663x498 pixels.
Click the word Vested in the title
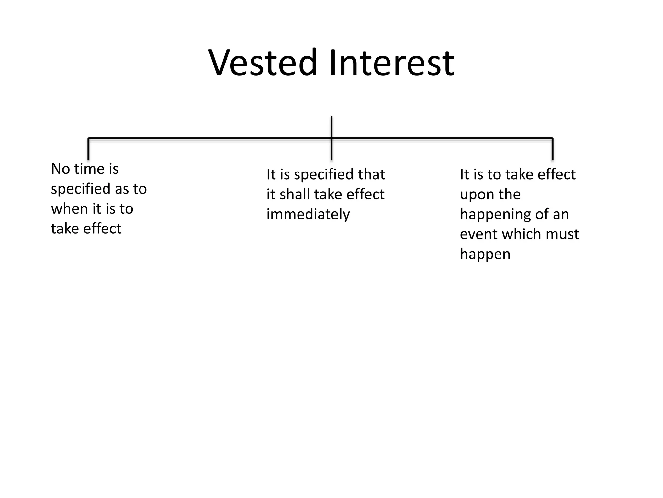[263, 62]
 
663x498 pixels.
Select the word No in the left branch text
[60, 169]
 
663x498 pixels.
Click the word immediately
[308, 214]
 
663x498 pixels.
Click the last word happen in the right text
[485, 254]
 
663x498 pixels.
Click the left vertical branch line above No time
[88, 149]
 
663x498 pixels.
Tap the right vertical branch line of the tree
[552, 149]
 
